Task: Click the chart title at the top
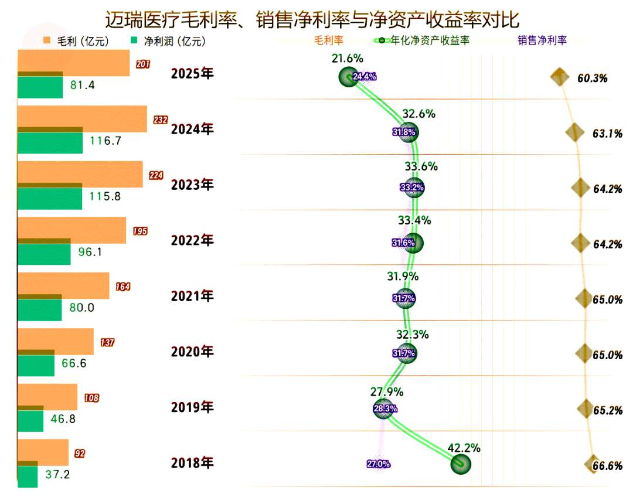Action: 312,19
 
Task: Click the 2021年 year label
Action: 192,297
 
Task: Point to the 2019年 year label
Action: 192,407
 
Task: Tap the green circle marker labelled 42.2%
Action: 461,464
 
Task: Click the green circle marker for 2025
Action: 349,77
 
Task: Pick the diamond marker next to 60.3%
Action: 560,77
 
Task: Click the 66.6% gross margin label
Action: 607,466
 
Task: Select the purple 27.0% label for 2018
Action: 379,464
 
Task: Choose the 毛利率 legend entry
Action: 329,40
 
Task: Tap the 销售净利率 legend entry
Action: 542,40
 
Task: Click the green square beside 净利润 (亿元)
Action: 134,40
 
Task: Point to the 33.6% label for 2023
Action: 421,166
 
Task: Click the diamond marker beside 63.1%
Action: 575,132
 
